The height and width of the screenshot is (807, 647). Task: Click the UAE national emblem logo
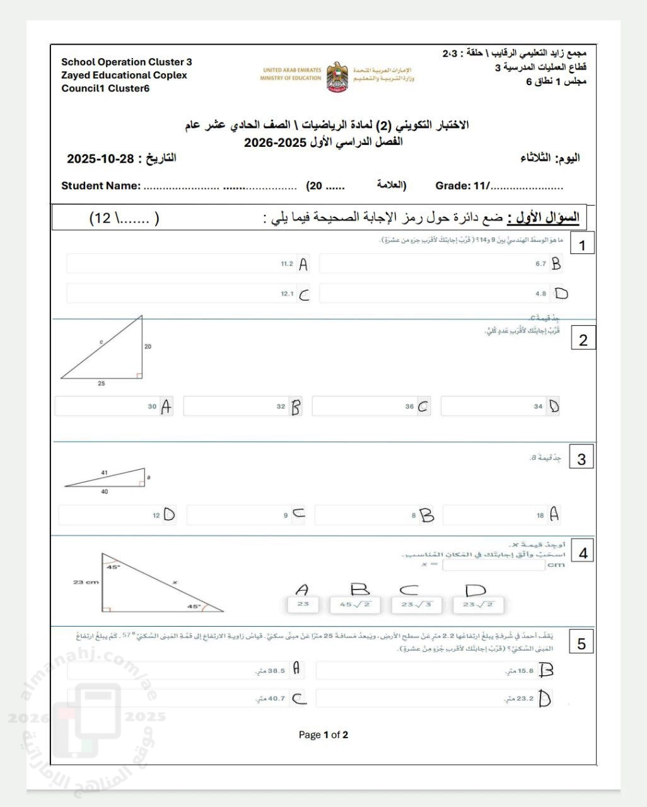(x=337, y=77)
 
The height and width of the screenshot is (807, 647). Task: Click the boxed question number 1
(x=581, y=245)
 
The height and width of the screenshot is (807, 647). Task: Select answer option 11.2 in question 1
(x=188, y=264)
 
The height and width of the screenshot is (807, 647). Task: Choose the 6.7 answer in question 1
(x=440, y=264)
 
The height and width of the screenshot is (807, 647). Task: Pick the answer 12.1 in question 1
(x=188, y=294)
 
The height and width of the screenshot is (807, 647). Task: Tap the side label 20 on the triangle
(x=148, y=346)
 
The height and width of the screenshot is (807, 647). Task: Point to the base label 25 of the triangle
(x=102, y=383)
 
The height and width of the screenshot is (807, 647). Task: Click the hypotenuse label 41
(x=104, y=472)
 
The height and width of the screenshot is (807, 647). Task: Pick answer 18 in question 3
(x=501, y=515)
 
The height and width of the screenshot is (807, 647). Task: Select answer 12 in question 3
(x=117, y=515)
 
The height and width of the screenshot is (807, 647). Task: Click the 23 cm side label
(x=86, y=582)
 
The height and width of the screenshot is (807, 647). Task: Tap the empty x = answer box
(x=493, y=565)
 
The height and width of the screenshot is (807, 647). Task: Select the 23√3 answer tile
(x=416, y=605)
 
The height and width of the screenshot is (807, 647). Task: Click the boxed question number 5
(x=581, y=644)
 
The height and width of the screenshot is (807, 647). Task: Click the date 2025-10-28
(x=101, y=158)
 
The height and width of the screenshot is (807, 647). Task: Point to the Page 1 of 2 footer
(x=323, y=734)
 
